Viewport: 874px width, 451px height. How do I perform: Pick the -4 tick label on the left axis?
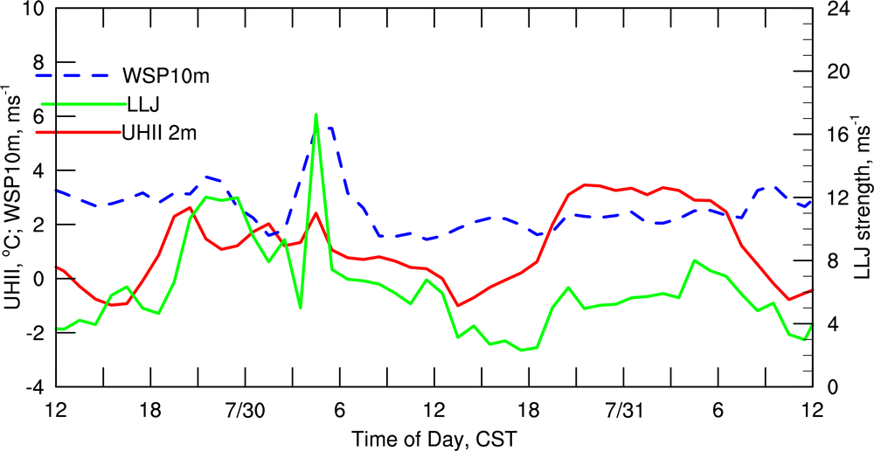pyautogui.click(x=33, y=386)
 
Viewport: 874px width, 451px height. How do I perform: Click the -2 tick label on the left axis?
pyautogui.click(x=33, y=333)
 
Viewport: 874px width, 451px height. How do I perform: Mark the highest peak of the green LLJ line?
pyautogui.click(x=316, y=114)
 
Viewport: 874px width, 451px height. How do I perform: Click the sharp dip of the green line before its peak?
pyautogui.click(x=300, y=308)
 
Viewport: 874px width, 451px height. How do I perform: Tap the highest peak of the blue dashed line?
pyautogui.click(x=323, y=128)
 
